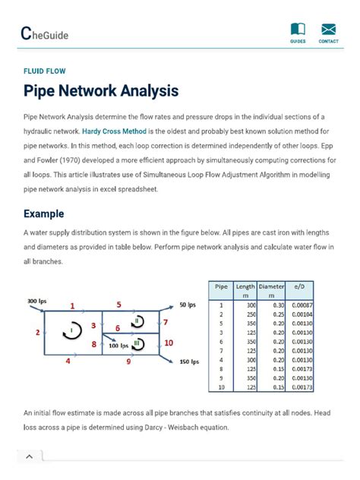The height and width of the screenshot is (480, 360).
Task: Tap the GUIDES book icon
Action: (x=298, y=30)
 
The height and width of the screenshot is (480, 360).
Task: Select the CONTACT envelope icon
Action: (x=329, y=30)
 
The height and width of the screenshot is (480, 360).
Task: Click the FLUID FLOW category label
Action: (x=45, y=71)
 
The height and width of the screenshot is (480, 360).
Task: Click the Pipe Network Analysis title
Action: (x=101, y=91)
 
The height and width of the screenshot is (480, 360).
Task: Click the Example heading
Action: (x=43, y=213)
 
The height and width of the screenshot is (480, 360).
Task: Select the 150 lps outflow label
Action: (x=190, y=362)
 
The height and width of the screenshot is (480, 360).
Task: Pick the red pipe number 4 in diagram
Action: (x=68, y=362)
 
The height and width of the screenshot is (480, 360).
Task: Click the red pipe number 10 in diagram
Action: (x=169, y=343)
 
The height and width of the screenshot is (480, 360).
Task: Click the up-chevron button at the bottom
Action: (x=30, y=456)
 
